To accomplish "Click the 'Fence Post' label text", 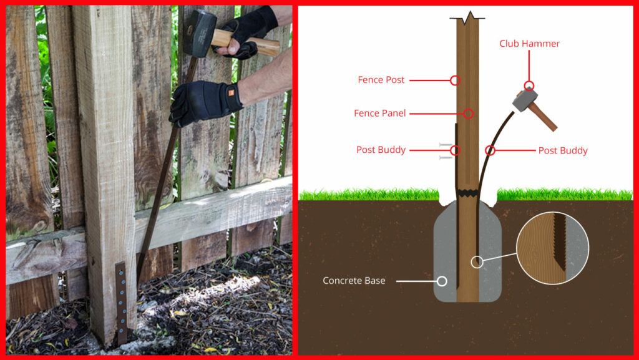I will pyautogui.click(x=381, y=80).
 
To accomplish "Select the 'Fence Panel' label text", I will pyautogui.click(x=380, y=113).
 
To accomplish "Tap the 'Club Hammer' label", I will pyautogui.click(x=529, y=44).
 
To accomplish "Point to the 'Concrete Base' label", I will pyautogui.click(x=354, y=281).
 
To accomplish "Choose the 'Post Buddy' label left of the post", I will pyautogui.click(x=381, y=150).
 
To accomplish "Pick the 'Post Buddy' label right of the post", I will pyautogui.click(x=562, y=150).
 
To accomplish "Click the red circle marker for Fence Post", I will pyautogui.click(x=455, y=80).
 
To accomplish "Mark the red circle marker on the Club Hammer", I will pyautogui.click(x=529, y=86).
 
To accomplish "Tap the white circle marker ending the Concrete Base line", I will pyautogui.click(x=442, y=281).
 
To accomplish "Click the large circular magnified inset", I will pyautogui.click(x=552, y=248).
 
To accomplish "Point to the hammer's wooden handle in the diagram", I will pyautogui.click(x=544, y=117).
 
